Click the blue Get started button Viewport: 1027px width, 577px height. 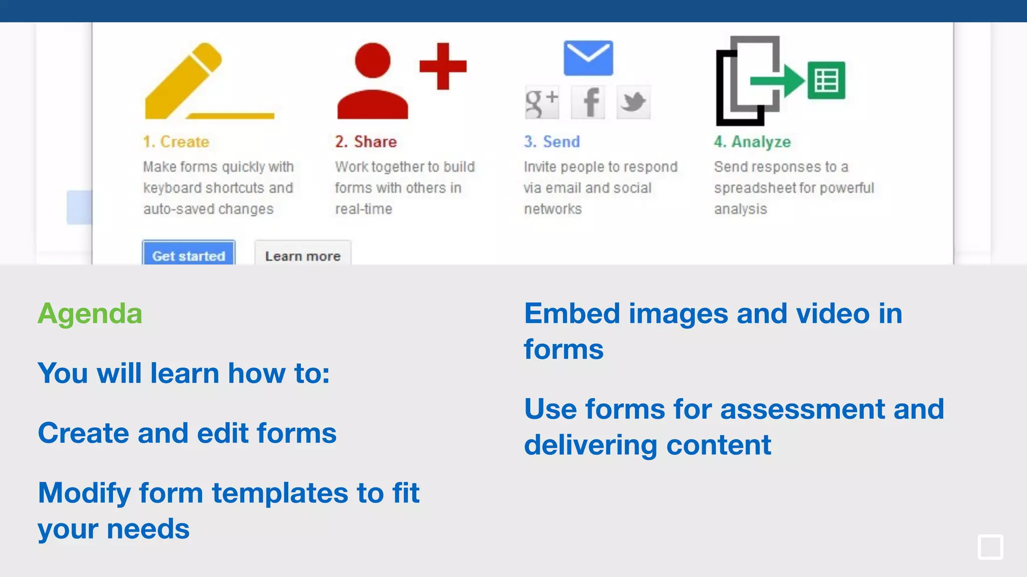(189, 254)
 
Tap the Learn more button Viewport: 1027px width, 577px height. (302, 255)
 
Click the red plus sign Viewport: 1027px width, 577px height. (443, 66)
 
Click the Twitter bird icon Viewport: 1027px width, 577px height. (633, 102)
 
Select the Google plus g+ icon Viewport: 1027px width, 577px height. (542, 102)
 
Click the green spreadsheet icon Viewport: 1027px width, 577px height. (826, 80)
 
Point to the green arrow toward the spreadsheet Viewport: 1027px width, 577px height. (777, 80)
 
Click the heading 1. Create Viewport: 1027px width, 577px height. (176, 142)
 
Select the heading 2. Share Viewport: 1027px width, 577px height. (366, 142)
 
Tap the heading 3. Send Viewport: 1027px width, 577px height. (552, 142)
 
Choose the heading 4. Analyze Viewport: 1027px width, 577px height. (753, 142)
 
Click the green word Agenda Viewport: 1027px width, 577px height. (90, 314)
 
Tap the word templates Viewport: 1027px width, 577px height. (280, 493)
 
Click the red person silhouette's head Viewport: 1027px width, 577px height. (373, 61)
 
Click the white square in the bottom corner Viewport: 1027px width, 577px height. (990, 546)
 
